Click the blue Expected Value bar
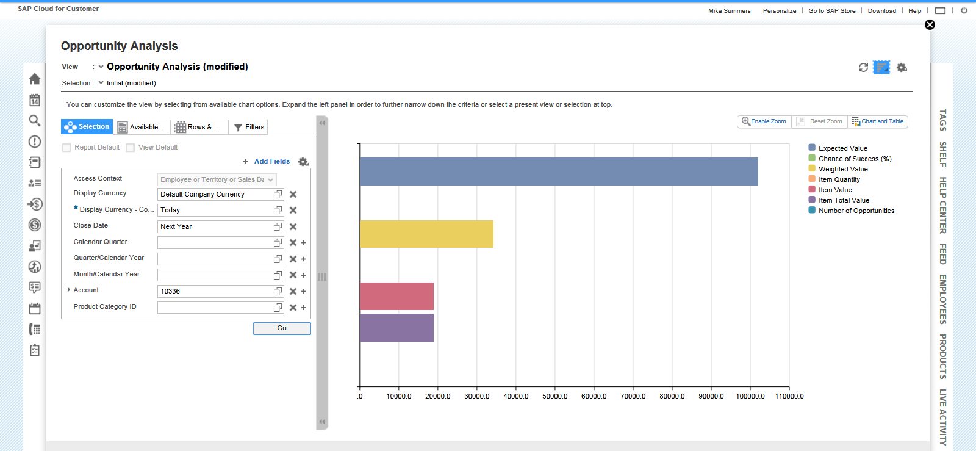point(558,171)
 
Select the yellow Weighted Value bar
point(426,234)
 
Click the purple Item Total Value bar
point(396,328)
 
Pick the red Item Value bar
point(396,296)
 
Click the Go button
point(282,328)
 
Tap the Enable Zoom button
point(764,121)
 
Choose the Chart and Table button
point(878,121)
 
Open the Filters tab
point(248,127)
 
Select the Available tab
point(142,127)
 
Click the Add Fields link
point(271,162)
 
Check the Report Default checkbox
point(67,148)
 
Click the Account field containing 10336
point(215,291)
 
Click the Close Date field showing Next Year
point(215,226)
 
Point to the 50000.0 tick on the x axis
point(554,396)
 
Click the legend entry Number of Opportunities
point(856,211)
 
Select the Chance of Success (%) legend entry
point(854,159)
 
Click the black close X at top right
point(930,25)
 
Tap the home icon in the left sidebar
point(35,79)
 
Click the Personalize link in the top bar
point(779,11)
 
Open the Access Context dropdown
point(217,179)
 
